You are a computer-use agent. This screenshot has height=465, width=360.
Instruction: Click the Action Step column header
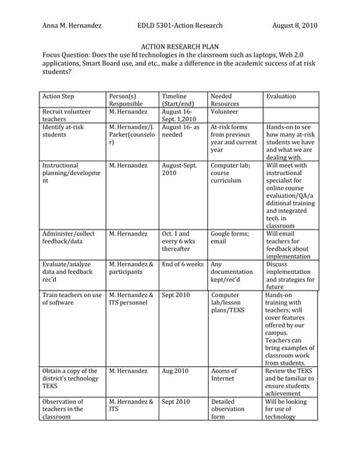pos(60,96)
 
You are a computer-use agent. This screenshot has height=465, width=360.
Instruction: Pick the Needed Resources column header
pos(226,100)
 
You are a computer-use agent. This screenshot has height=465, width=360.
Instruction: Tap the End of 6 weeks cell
pos(183,264)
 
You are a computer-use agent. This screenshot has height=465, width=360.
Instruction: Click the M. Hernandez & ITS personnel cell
pos(131,299)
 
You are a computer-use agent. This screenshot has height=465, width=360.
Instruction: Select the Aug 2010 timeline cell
pos(175,371)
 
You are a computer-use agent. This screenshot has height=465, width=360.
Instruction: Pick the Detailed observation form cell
pos(230,409)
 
